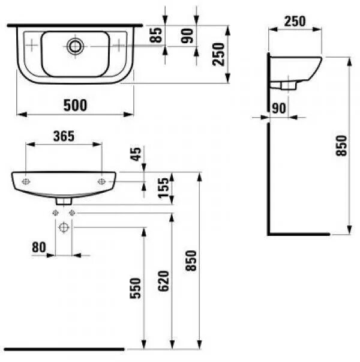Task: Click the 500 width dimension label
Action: pyautogui.click(x=75, y=105)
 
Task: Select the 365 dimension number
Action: pyautogui.click(x=63, y=136)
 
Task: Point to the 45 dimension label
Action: pyautogui.click(x=137, y=155)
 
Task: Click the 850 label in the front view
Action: pyautogui.click(x=191, y=259)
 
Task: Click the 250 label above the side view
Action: pyautogui.click(x=294, y=22)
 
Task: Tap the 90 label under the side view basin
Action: pyautogui.click(x=278, y=108)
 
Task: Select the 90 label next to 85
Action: pyautogui.click(x=188, y=35)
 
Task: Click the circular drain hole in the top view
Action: pyautogui.click(x=76, y=46)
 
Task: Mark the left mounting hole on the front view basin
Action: pyautogui.click(x=26, y=181)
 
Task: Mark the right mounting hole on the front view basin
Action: pyautogui.click(x=101, y=181)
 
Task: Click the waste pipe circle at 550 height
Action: pyautogui.click(x=64, y=228)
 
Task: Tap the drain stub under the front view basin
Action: pyautogui.click(x=64, y=199)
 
